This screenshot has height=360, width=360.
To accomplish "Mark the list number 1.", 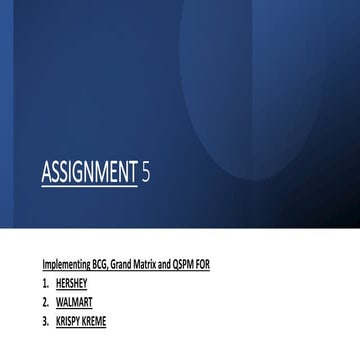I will [x=45, y=283].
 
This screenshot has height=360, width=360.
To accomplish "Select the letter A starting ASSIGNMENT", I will [x=46, y=175].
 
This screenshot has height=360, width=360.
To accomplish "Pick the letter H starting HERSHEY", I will [x=58, y=283].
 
